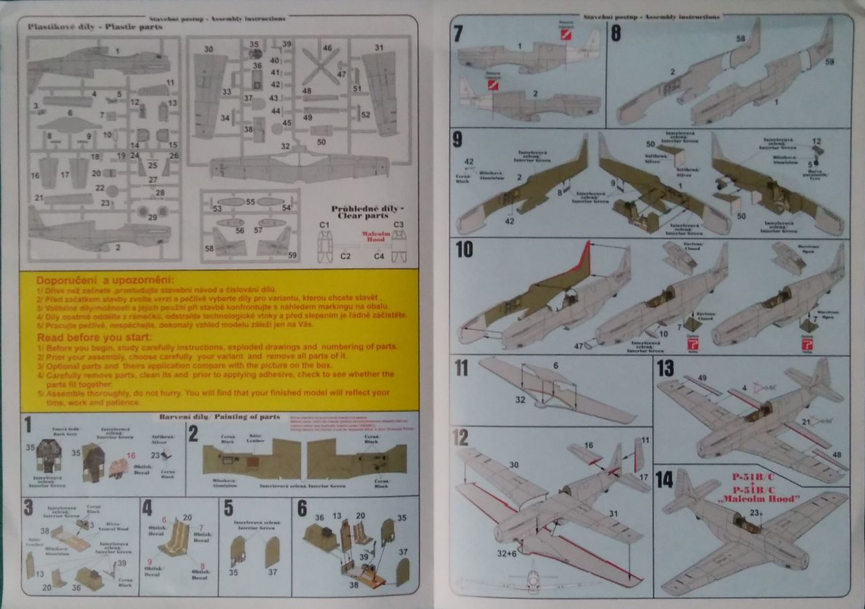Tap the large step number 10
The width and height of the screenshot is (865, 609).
click(464, 249)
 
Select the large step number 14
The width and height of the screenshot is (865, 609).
click(665, 479)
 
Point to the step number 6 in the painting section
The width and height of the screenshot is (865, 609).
click(302, 508)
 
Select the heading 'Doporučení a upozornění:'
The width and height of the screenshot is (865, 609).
click(104, 281)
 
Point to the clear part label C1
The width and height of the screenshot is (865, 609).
click(324, 224)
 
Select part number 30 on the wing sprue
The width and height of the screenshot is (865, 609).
click(208, 49)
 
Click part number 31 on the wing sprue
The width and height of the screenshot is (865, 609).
click(379, 48)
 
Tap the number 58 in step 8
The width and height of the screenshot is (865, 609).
click(741, 39)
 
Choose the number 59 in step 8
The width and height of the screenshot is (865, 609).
click(830, 62)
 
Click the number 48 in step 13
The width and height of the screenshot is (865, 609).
click(839, 454)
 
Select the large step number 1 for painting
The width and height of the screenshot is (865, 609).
click(28, 425)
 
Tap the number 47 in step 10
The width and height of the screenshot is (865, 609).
click(578, 345)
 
